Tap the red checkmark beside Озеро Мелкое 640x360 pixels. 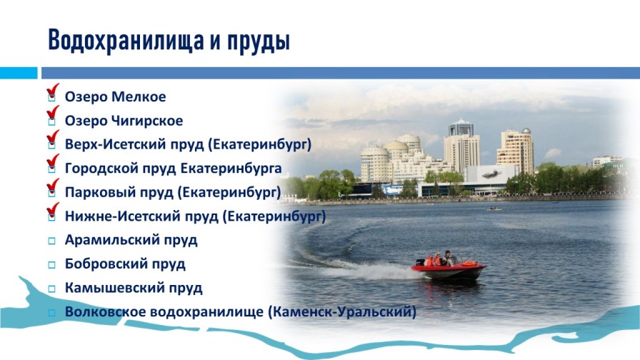(52, 91)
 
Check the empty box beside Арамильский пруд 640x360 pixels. (51, 241)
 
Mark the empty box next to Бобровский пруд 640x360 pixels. (51, 265)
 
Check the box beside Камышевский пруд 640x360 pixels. (51, 289)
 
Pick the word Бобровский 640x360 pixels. (105, 264)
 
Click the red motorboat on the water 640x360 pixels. (449, 268)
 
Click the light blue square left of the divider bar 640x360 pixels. (18, 73)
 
